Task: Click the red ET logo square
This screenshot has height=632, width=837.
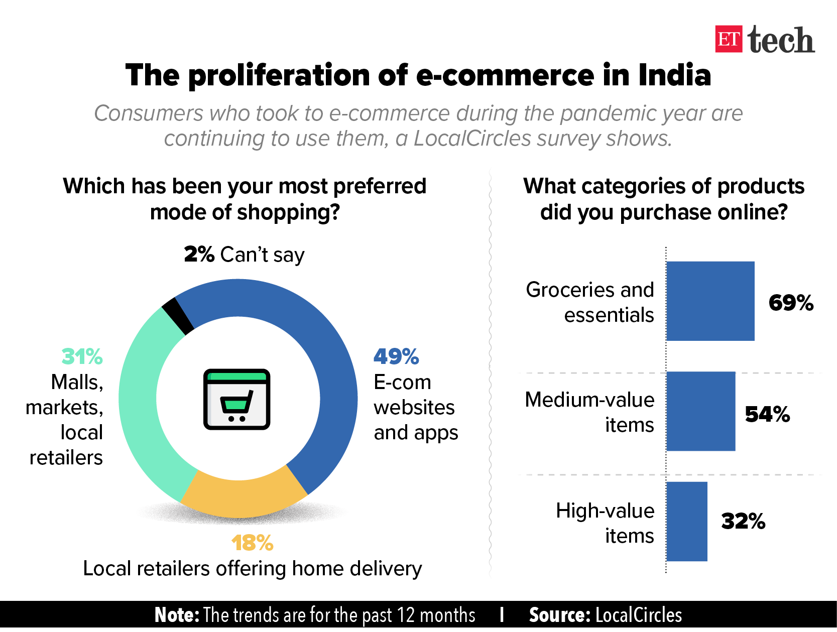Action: pos(729,39)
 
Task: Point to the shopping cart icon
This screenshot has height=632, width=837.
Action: pos(237,399)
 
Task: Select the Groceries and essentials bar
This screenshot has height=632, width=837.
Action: pos(710,301)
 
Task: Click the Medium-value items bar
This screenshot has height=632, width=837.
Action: pos(701,411)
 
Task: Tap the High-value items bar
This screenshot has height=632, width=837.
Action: pos(687,521)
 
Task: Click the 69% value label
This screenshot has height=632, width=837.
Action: pos(791,303)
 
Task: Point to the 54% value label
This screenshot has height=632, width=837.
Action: pos(767,414)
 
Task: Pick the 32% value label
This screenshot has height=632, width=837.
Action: pos(743,521)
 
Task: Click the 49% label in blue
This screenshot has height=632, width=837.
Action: pos(396,356)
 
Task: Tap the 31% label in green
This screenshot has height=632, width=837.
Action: pos(82,356)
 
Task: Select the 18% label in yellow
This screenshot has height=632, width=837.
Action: pos(253,543)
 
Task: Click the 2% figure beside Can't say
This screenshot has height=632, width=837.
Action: pos(199,254)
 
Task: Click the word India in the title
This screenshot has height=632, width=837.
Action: pos(675,75)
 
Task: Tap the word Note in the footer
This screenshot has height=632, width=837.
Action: pos(177,615)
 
